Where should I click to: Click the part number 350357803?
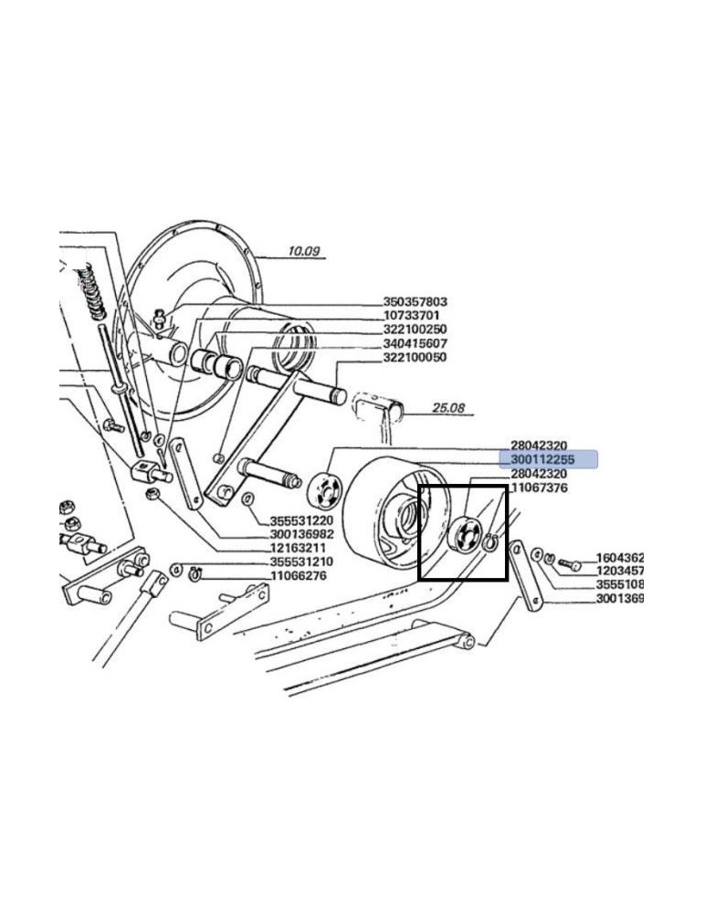point(415,302)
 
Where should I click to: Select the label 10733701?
point(410,316)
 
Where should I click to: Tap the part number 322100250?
point(415,330)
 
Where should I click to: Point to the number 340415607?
point(415,343)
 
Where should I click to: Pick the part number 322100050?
point(415,357)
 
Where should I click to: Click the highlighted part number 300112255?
point(542,459)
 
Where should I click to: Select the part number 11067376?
point(539,488)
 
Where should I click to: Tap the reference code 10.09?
point(304,251)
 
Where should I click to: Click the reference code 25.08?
point(448,408)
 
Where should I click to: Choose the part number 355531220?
point(301,519)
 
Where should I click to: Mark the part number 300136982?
point(302,533)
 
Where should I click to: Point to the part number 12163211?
point(298,547)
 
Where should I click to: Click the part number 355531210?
point(301,561)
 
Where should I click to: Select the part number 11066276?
point(298,575)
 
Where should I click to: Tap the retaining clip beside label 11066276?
point(194,574)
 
